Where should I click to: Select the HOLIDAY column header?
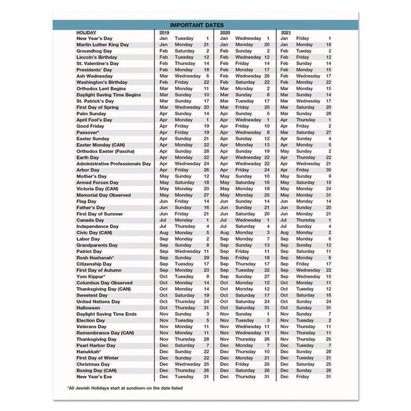point(86,32)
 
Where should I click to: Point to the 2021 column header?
point(287,32)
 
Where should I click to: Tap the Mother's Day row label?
point(92,176)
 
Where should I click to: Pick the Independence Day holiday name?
point(97,226)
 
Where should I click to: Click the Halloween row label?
point(89,308)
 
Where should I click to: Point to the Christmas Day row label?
point(93,364)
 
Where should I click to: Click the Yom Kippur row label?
point(91,276)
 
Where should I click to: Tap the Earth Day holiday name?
point(88,157)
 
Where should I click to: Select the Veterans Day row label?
point(91,326)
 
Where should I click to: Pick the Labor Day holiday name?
point(89,239)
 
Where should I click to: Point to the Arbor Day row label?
point(89,170)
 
